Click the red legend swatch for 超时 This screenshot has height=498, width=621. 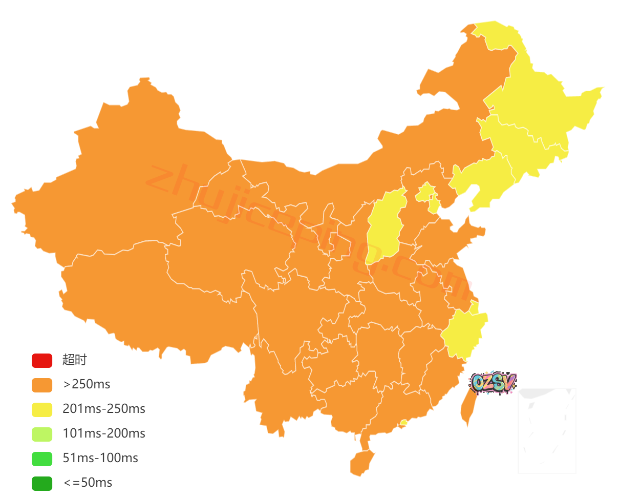42,360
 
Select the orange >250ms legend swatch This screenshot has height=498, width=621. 42,385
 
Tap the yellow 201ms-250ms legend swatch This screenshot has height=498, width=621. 42,409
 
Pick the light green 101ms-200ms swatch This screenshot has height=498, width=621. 42,434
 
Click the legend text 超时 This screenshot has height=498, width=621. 75,360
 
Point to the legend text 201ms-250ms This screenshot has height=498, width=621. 104,409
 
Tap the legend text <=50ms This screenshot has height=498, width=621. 88,483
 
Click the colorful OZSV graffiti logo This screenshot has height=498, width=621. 494,382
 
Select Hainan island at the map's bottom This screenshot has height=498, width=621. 361,463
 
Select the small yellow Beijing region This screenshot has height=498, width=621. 424,193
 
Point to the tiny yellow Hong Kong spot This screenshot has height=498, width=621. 404,423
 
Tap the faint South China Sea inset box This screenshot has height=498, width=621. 547,430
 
